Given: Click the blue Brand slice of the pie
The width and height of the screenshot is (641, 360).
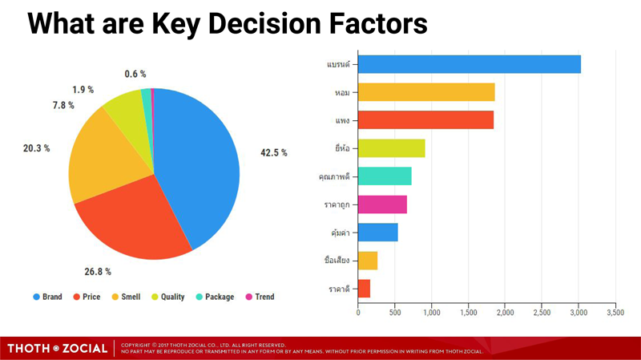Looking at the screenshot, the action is click(196, 164).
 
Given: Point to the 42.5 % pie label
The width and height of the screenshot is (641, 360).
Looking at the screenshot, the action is click(274, 152).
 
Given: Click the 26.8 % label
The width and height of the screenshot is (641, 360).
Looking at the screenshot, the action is click(98, 272).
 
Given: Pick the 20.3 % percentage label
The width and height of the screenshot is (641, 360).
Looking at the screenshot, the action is click(36, 148).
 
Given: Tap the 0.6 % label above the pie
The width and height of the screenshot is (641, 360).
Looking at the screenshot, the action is click(135, 74).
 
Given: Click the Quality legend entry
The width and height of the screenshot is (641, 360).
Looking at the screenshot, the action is click(168, 297).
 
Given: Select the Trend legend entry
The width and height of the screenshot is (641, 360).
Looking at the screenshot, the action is click(260, 297).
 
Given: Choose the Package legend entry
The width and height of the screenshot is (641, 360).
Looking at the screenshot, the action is click(215, 297).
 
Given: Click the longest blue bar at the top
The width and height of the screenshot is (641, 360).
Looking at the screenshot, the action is click(470, 64).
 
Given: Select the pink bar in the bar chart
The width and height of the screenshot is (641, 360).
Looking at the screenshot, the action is click(382, 204).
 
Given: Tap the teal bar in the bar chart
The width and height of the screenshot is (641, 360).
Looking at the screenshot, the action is click(385, 176).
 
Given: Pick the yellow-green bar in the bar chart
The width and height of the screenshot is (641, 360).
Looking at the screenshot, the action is click(392, 148).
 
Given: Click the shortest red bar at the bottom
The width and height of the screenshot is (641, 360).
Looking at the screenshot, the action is click(364, 289).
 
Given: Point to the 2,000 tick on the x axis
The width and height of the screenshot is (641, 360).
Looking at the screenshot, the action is click(506, 313).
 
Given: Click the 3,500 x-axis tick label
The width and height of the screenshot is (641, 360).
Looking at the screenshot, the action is click(615, 313).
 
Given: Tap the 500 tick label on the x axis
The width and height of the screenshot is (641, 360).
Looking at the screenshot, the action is click(395, 313).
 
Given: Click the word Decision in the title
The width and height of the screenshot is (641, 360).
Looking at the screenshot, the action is click(264, 23).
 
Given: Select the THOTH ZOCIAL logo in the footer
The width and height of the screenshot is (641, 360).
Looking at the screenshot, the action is click(57, 349).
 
